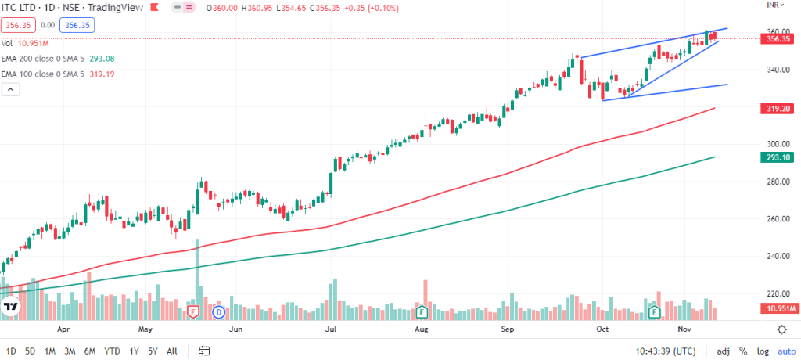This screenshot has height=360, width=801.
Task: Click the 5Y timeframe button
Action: (152, 351)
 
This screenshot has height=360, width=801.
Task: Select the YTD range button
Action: (112, 351)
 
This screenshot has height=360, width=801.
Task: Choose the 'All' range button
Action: (172, 351)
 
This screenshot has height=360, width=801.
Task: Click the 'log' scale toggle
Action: (761, 351)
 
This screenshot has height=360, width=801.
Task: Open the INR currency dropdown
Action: (774, 5)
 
